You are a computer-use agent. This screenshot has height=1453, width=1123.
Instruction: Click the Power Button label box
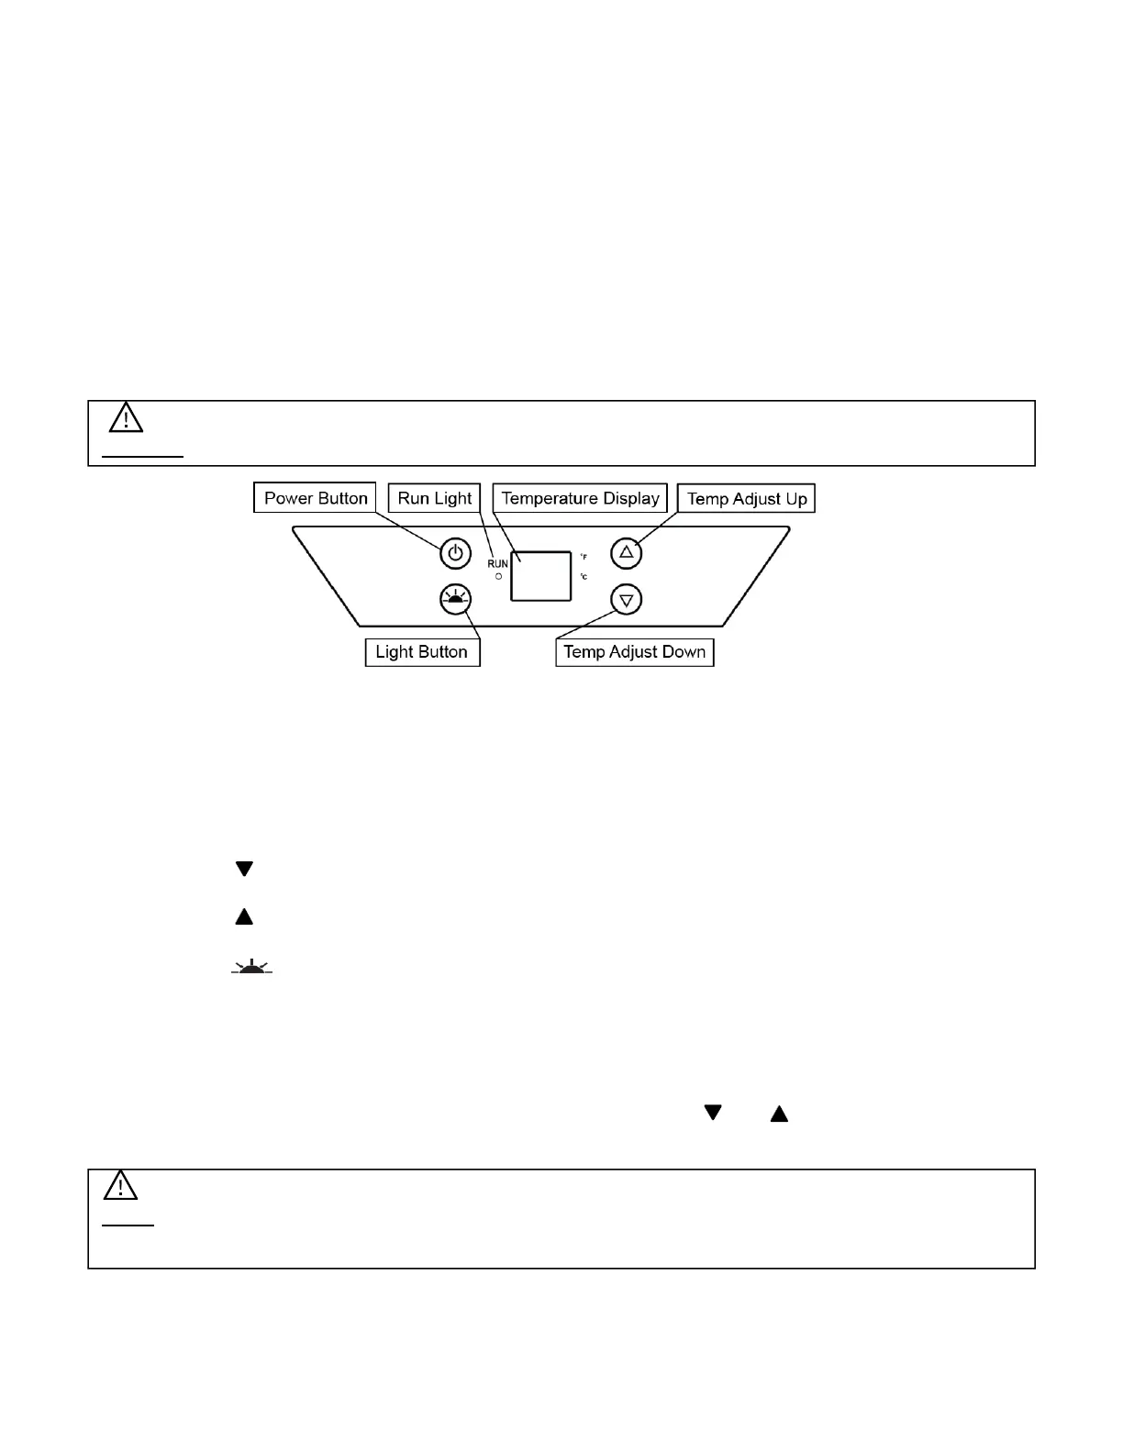315,498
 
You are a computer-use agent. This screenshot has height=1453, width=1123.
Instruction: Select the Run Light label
434,498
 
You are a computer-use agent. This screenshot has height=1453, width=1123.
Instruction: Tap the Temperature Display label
580,498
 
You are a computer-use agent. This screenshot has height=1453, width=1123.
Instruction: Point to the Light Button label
422,652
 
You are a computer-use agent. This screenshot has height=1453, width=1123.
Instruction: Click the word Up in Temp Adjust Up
795,499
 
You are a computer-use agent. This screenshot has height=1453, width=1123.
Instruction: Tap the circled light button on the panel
455,599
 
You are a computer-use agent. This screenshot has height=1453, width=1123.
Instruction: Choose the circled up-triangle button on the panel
627,552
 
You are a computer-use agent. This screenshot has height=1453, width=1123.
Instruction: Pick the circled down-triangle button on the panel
627,600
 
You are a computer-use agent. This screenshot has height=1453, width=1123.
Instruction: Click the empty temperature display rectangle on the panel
541,576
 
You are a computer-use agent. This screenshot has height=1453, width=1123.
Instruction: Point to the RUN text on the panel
497,563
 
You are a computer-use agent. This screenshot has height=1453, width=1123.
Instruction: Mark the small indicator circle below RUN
498,576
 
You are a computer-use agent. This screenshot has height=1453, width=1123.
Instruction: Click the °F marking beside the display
584,557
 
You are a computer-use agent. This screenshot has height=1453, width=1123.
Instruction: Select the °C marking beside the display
584,577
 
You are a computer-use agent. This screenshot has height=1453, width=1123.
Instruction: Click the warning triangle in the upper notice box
126,418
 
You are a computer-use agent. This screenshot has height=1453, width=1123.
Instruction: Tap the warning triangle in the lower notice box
120,1186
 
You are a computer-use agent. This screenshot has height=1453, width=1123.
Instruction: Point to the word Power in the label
288,498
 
